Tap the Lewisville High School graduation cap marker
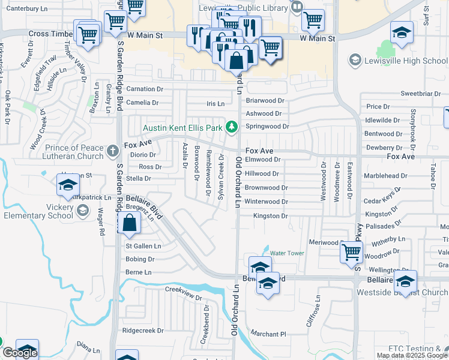[x=355, y=61]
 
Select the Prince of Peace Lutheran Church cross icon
[x=112, y=152]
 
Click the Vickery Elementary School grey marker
[x=83, y=211]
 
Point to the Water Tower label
[x=287, y=253]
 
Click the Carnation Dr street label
[x=144, y=89]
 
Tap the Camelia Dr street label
[x=142, y=103]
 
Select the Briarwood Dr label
[x=265, y=101]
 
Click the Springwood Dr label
[x=267, y=127]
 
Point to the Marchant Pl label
[x=269, y=334]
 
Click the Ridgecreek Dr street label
[x=143, y=331]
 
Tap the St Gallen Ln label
[x=143, y=246]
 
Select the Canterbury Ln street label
[x=25, y=9]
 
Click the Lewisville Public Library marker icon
[x=297, y=8]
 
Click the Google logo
[x=19, y=353]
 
